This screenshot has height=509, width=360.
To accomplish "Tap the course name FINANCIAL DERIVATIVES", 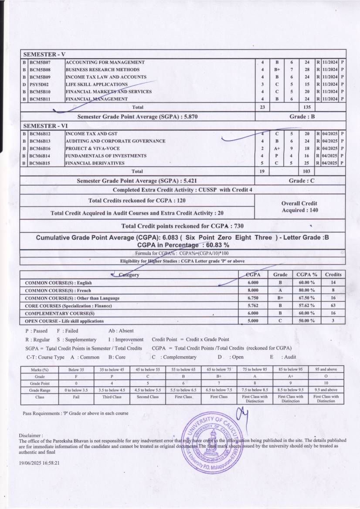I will (95, 163).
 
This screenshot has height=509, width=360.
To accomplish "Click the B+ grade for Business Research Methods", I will (277, 70).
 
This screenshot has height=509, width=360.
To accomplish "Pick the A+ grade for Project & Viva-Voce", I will (277, 148).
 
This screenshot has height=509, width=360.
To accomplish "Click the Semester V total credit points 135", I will (306, 106).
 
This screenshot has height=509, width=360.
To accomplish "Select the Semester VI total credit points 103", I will (306, 172).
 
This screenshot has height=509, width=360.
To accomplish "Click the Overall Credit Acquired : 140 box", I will (300, 207).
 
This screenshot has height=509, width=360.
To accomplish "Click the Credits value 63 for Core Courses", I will (333, 306).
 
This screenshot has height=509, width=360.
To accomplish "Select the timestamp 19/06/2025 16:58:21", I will (39, 464).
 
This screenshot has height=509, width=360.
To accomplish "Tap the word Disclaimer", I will (31, 435).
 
